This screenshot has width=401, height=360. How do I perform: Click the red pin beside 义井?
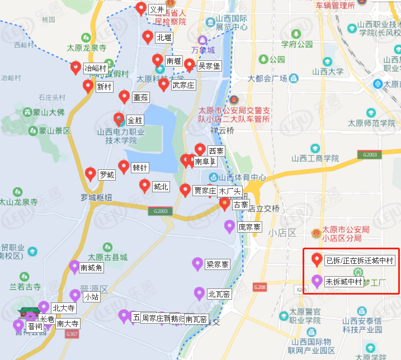click(x=141, y=8)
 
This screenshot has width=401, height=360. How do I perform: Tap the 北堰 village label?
click(x=164, y=38)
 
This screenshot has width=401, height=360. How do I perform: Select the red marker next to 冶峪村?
click(x=76, y=68)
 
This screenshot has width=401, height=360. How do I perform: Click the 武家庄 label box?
click(x=183, y=86)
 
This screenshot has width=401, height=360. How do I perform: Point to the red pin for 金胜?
click(x=119, y=119)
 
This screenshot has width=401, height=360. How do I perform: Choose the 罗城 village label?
click(x=106, y=175)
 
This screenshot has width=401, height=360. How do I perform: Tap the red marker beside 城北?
click(x=145, y=186)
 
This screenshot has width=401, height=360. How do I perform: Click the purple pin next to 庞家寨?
click(x=229, y=226)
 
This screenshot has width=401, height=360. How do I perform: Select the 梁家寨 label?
click(x=217, y=264)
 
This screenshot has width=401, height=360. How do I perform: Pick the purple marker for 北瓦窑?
click(x=199, y=292)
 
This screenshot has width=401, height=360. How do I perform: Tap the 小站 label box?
click(x=91, y=297)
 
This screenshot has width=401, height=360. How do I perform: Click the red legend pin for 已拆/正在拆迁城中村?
click(x=317, y=260)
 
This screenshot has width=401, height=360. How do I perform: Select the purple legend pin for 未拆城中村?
click(x=317, y=281)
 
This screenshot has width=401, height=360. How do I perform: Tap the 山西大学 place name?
click(x=328, y=72)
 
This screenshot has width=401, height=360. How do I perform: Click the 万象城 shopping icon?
click(x=202, y=40)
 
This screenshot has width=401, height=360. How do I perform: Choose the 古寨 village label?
click(x=240, y=205)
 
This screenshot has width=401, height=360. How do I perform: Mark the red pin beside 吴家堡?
click(x=190, y=65)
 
